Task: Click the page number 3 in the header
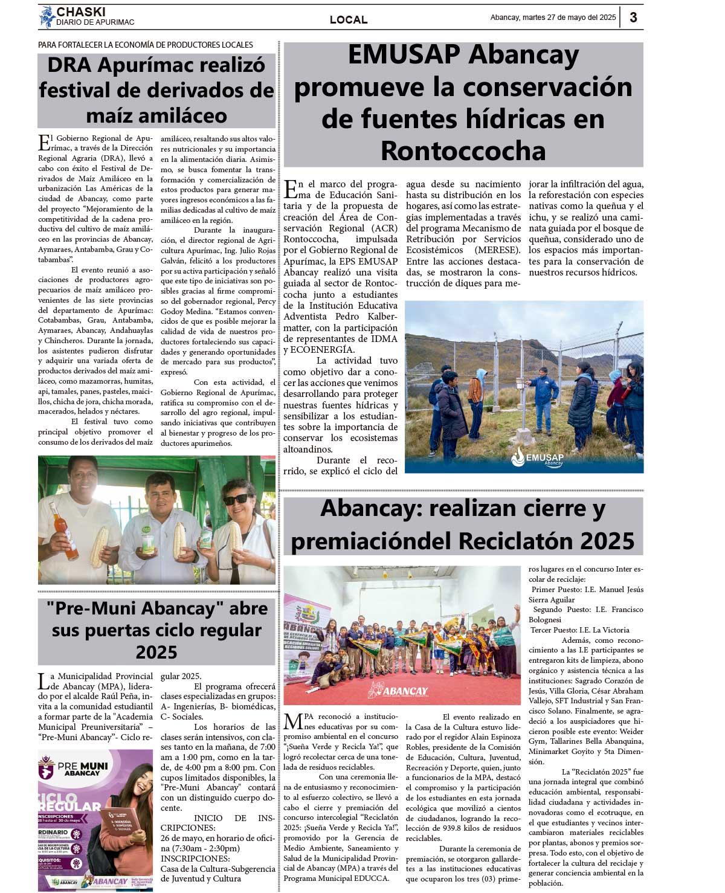tap(633, 17)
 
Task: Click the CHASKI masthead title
tap(81, 12)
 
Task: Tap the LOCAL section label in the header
tap(349, 20)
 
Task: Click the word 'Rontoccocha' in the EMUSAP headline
tap(463, 150)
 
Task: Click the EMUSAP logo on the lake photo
tap(537, 457)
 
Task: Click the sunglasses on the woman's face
tap(236, 500)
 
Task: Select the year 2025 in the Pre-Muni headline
tap(156, 652)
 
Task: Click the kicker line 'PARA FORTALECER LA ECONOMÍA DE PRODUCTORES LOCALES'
tap(146, 45)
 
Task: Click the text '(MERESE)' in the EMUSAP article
tap(497, 250)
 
